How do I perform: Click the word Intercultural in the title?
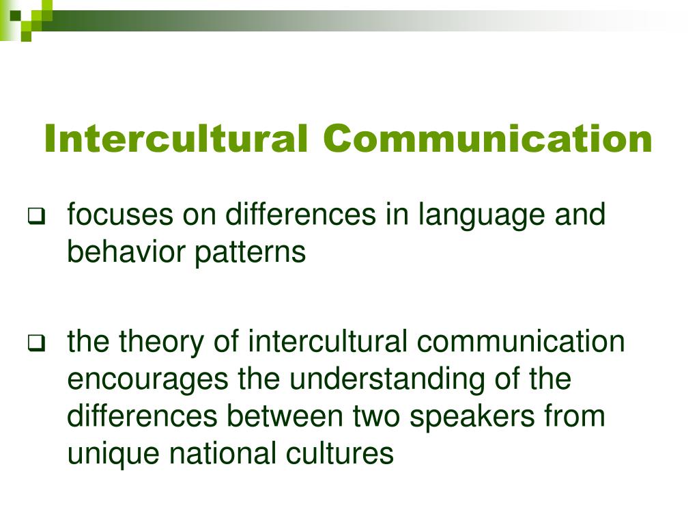[x=176, y=138]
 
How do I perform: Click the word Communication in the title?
[x=487, y=138]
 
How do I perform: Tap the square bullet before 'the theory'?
[x=37, y=342]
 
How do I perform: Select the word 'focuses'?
[x=120, y=214]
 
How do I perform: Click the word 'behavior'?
[x=126, y=252]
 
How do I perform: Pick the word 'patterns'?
[x=250, y=254]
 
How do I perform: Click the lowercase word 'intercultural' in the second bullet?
[x=328, y=342]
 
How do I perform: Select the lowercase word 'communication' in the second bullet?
[x=521, y=342]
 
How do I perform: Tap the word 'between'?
[x=285, y=416]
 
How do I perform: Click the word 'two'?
[x=377, y=418]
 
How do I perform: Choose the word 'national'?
[x=223, y=453]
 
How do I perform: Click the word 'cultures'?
[x=340, y=453]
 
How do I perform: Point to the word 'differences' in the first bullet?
[x=301, y=214]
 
